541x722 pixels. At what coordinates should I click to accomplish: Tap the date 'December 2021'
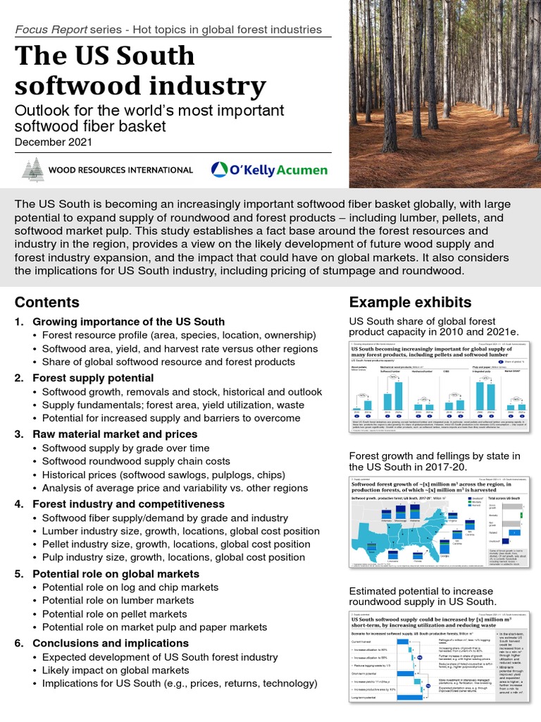55,142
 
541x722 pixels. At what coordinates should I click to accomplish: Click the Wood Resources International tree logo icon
31,170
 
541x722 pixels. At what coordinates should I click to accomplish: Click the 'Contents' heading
47,302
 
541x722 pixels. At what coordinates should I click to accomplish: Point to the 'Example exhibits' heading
411,302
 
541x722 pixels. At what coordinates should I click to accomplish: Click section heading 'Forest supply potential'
93,378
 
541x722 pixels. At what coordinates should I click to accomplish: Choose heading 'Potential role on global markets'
116,574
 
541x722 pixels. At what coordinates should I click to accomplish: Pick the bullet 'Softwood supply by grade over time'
125,448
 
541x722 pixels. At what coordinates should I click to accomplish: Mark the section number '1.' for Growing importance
20,322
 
